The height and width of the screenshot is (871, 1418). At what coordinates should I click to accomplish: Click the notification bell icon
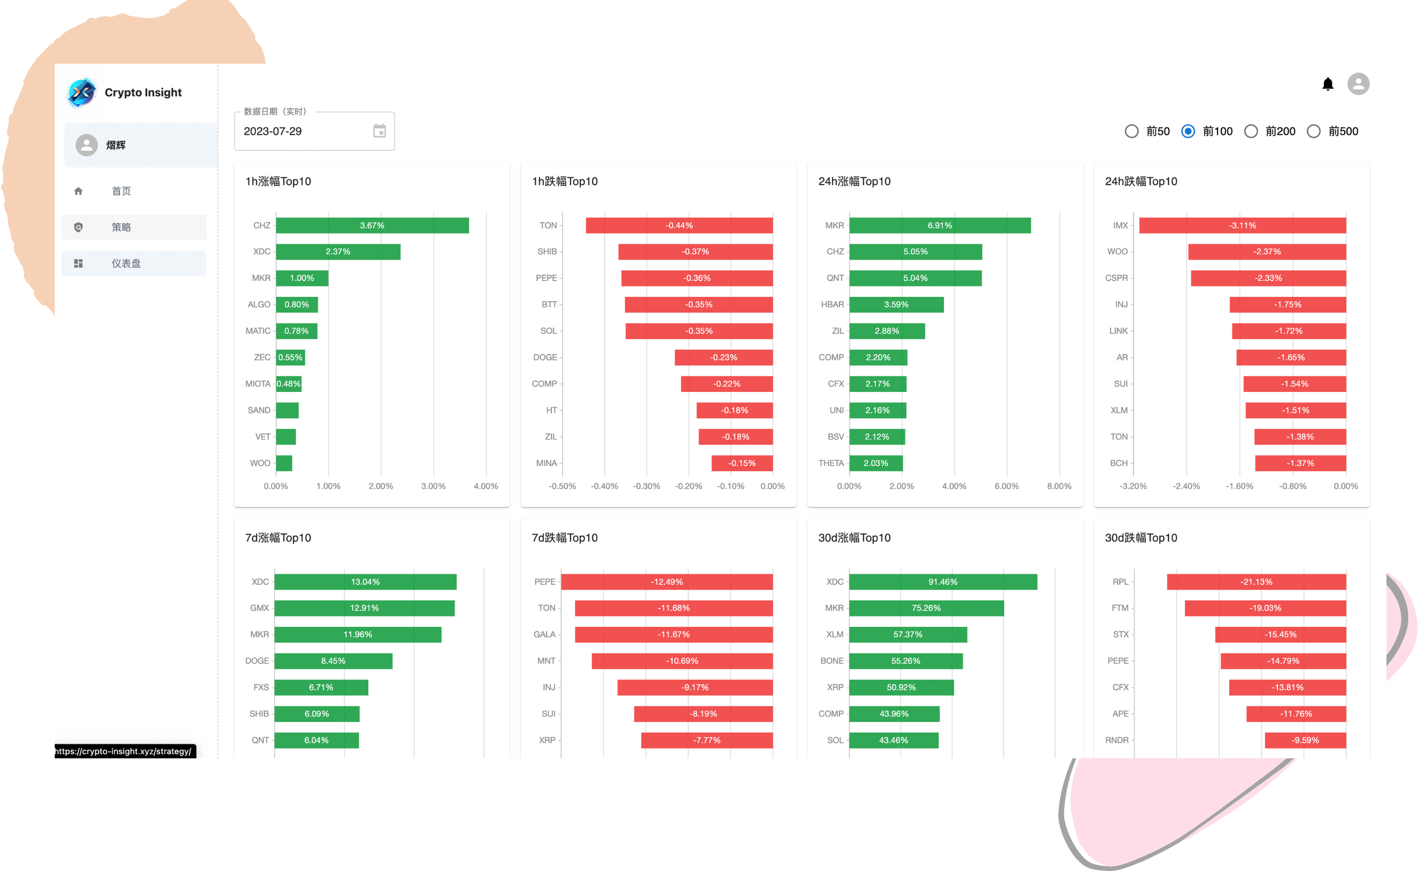(x=1328, y=84)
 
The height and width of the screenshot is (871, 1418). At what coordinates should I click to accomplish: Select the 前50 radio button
(x=1131, y=131)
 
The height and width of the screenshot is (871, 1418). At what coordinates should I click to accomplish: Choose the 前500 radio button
(x=1313, y=131)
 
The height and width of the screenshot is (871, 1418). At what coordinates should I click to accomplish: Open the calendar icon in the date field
(x=379, y=131)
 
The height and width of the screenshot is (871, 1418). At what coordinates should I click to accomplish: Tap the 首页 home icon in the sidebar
(x=78, y=191)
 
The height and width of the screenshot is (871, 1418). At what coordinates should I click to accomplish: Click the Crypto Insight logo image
(x=82, y=92)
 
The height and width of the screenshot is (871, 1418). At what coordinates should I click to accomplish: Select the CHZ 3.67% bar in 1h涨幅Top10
(x=372, y=225)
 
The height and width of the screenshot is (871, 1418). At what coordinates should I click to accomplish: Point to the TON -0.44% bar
(x=679, y=225)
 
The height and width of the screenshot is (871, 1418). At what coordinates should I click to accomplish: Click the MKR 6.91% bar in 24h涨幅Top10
(x=940, y=225)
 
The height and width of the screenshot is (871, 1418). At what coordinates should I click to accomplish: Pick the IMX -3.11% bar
(x=1242, y=225)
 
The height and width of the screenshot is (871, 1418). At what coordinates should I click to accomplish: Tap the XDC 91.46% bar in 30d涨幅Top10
(x=943, y=582)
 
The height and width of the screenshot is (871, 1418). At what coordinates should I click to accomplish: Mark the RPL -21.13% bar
(x=1256, y=582)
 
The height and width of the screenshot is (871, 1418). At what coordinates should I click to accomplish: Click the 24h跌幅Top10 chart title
(x=1141, y=181)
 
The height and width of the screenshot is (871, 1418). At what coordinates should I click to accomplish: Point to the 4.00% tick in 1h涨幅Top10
(x=485, y=486)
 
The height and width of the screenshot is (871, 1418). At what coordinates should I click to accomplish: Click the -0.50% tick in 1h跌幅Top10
(x=562, y=486)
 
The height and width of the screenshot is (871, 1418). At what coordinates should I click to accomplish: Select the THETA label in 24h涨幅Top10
(x=831, y=463)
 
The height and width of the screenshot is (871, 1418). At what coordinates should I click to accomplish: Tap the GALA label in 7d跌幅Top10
(x=544, y=634)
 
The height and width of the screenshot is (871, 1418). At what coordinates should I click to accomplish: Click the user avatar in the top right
(x=1358, y=84)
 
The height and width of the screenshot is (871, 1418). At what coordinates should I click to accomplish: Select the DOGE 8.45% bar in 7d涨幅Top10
(x=333, y=661)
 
